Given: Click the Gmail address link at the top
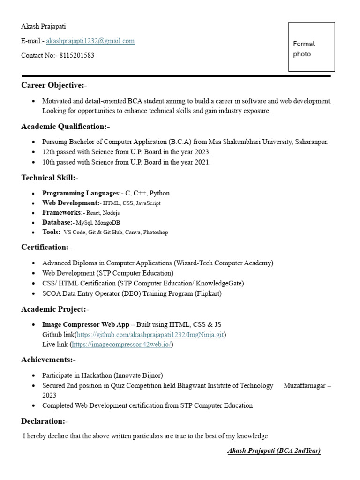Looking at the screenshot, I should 90,41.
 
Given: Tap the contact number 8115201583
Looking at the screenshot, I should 76,55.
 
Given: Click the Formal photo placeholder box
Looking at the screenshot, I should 311,47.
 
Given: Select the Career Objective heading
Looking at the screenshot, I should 54,85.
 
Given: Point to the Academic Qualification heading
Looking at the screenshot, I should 65,127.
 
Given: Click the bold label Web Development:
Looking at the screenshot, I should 71,203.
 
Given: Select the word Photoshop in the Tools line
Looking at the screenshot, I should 156,232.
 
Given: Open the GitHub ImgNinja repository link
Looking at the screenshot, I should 150,335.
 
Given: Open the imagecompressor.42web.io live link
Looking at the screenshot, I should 122,345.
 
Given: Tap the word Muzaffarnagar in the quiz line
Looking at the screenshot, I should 305,385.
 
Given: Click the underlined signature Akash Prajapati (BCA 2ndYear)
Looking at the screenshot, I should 274,451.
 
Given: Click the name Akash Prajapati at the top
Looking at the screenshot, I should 44,26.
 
